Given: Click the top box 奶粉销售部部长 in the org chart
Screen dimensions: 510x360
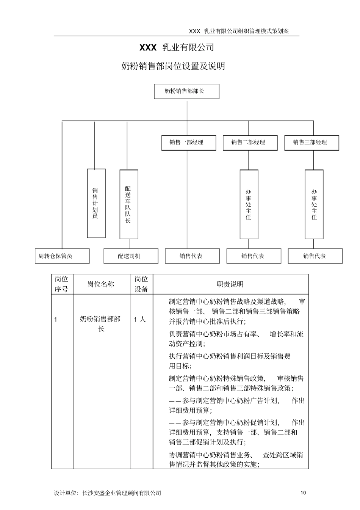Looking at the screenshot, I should (x=186, y=91).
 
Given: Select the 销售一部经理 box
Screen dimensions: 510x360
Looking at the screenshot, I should (x=188, y=143).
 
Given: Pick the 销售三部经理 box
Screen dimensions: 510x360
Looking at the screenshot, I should (x=311, y=143).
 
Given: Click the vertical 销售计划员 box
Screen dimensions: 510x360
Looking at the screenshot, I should (x=96, y=203).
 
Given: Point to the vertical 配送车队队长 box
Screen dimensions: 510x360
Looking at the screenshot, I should (x=129, y=204).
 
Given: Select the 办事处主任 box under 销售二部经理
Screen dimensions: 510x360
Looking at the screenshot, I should (x=249, y=204).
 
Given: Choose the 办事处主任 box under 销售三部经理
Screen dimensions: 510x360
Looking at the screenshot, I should (x=314, y=204).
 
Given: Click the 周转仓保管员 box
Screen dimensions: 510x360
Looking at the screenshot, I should (x=62, y=256).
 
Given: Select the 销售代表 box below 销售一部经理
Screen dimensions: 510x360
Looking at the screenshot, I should (x=192, y=256).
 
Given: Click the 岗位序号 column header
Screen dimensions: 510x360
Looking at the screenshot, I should (x=62, y=284).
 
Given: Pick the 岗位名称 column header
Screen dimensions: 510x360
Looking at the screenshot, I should (x=101, y=284).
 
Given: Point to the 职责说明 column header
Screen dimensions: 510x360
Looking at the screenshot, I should (x=230, y=284).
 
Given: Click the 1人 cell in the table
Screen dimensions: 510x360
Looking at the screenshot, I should (x=140, y=320).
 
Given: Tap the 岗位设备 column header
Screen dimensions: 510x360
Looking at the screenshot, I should (x=141, y=284).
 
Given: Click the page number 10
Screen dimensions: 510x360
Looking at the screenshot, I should (x=303, y=493).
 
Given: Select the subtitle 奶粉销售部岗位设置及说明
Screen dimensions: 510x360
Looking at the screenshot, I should (x=173, y=66).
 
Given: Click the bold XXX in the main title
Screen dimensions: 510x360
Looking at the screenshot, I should (x=148, y=47).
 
